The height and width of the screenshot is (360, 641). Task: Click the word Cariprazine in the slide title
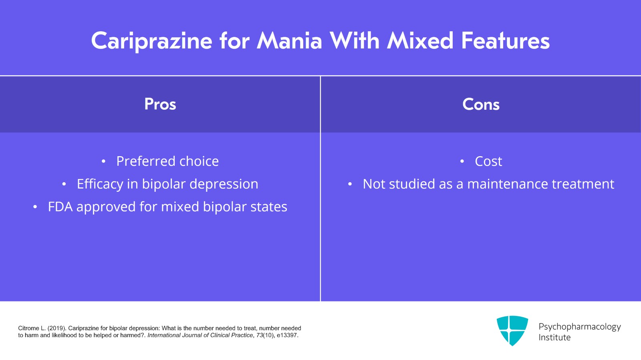tap(151, 41)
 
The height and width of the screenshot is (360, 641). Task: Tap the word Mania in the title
tap(289, 41)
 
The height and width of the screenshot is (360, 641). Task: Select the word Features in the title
tap(505, 41)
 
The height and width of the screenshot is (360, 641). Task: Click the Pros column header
tap(160, 105)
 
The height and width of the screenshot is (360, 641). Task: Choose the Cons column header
tap(481, 105)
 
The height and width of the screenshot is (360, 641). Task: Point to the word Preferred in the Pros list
tap(146, 161)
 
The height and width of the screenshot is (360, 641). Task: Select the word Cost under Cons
tap(488, 161)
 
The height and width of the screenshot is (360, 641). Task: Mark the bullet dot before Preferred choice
tap(103, 161)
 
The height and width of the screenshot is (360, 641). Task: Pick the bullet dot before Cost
tap(462, 161)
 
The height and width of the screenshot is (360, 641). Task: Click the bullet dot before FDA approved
tap(35, 207)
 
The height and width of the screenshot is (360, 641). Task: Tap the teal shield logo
tap(512, 330)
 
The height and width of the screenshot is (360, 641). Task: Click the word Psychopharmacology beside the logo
tap(579, 327)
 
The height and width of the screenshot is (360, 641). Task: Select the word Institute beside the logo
tap(554, 338)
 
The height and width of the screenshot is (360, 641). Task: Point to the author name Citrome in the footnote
tap(28, 328)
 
